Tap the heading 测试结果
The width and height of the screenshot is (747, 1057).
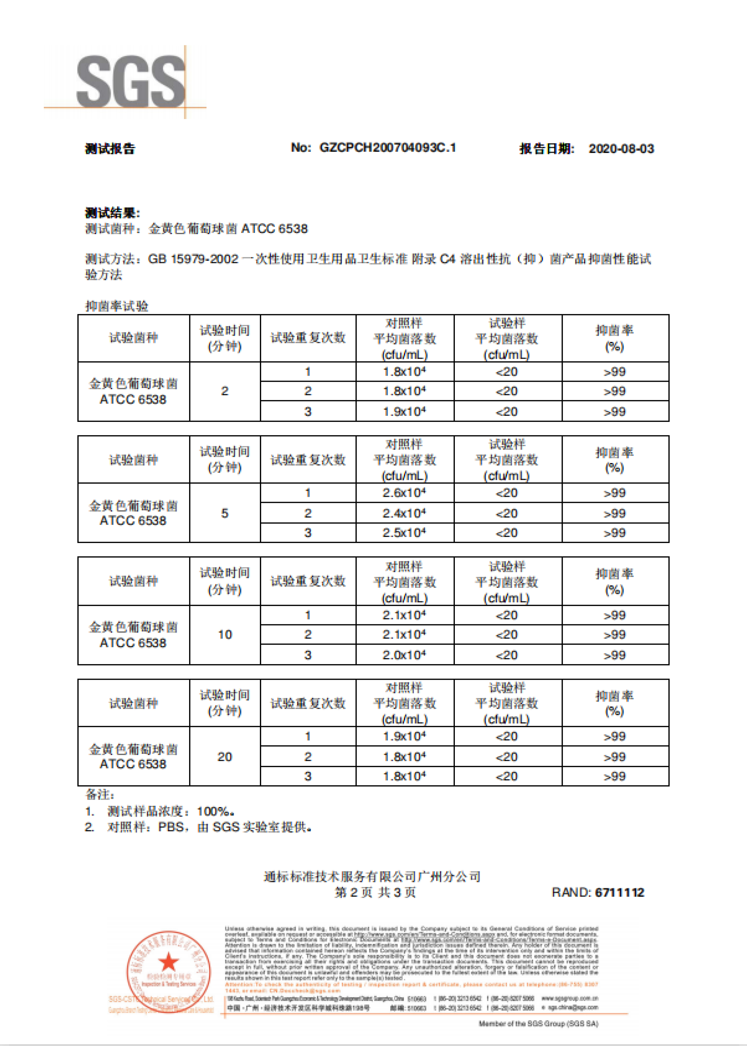tap(112, 213)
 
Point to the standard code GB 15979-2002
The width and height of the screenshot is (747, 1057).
tap(193, 259)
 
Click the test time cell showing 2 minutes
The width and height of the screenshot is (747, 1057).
tap(225, 391)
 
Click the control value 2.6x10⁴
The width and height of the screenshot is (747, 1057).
tap(404, 493)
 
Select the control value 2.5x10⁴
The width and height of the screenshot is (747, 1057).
tap(404, 533)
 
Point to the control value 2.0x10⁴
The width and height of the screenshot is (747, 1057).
tap(404, 655)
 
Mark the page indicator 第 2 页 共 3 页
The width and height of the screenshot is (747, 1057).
tap(375, 892)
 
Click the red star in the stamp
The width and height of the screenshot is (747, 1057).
tap(168, 962)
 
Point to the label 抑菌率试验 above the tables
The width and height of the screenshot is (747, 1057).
tap(117, 306)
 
